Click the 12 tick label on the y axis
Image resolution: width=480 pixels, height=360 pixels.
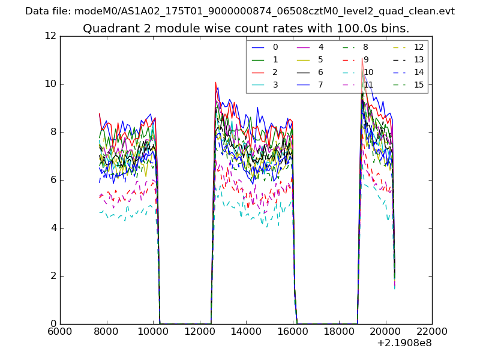pyautogui.click(x=50, y=36)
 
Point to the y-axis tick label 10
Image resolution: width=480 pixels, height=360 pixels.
pyautogui.click(x=50, y=84)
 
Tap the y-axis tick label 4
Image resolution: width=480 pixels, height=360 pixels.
pyautogui.click(x=53, y=228)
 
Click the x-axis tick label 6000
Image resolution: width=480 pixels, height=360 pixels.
pyautogui.click(x=60, y=332)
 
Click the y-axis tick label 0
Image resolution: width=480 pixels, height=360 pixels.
pyautogui.click(x=53, y=324)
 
